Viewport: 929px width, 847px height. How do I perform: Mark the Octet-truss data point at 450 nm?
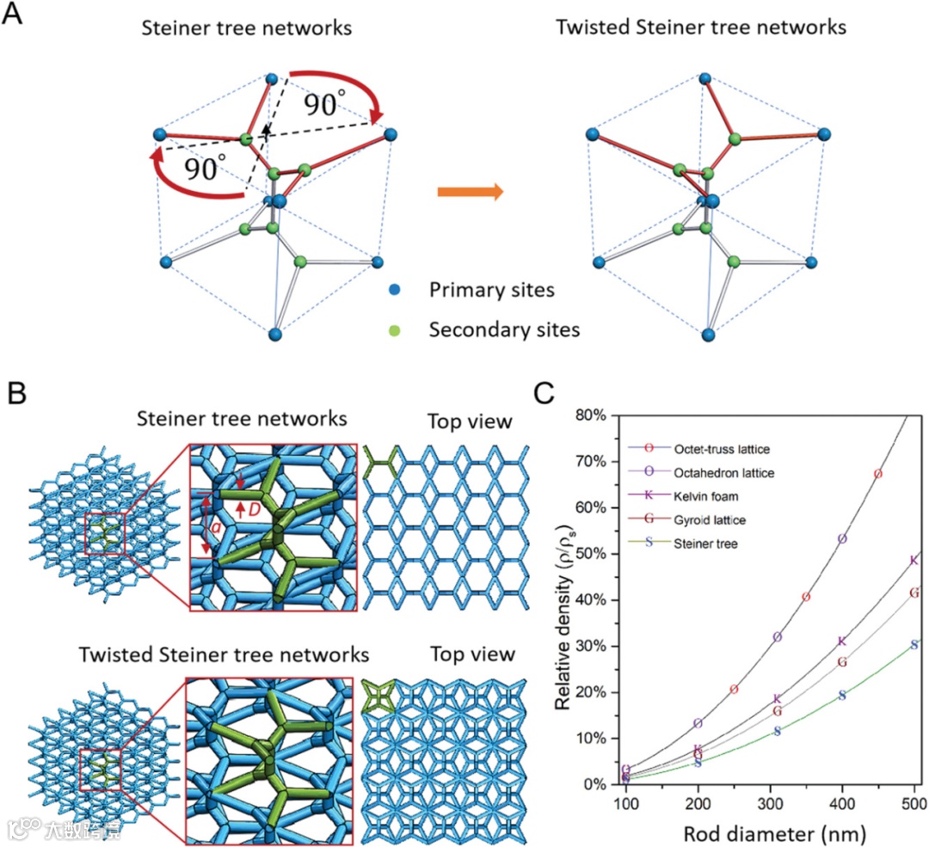(877, 474)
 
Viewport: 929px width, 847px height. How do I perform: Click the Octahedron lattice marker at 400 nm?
(842, 539)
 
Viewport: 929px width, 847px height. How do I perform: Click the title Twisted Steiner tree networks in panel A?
(701, 28)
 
